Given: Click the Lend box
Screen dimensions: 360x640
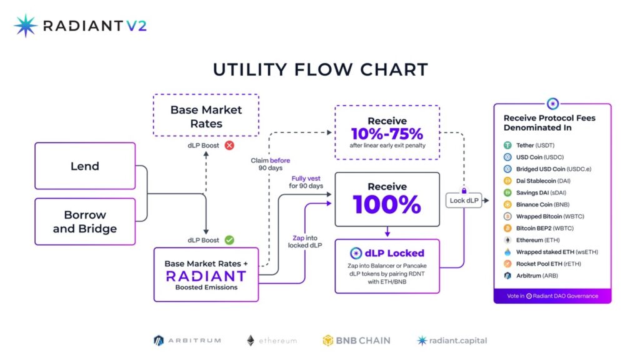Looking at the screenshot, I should (x=85, y=166).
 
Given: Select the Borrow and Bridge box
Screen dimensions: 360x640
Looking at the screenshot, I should (x=85, y=222).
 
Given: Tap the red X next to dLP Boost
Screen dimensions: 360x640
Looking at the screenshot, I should (x=229, y=145).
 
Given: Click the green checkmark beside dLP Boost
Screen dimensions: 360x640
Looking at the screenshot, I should (x=229, y=240).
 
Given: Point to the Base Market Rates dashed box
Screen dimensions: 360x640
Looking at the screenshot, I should (x=206, y=116).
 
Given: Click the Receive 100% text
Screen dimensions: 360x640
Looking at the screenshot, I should (x=387, y=199).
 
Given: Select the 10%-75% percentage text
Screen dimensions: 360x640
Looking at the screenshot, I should (x=387, y=134).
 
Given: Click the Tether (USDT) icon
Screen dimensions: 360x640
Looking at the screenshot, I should (x=507, y=145).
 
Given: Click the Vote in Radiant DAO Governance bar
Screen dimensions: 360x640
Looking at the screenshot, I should (x=552, y=296).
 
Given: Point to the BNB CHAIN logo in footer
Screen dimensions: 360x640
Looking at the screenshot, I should (x=356, y=341).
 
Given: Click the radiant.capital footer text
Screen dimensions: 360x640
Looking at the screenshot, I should (x=459, y=341).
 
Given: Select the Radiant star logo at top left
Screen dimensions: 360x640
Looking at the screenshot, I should (x=26, y=26).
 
